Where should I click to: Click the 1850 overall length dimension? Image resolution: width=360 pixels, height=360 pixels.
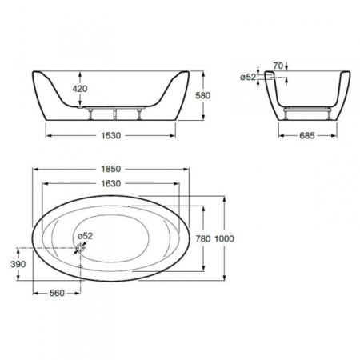click(x=111, y=169)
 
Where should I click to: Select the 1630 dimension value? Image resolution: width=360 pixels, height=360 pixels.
click(x=111, y=184)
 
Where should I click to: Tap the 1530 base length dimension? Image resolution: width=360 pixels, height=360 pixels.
click(x=111, y=136)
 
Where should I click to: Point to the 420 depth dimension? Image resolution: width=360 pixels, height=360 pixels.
click(x=80, y=89)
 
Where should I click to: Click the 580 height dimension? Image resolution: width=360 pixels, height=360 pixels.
click(x=203, y=95)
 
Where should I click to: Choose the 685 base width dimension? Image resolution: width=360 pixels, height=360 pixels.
click(x=307, y=136)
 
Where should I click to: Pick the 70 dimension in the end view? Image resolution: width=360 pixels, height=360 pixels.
click(x=278, y=66)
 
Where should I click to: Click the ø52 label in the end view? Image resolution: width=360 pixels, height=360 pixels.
click(x=248, y=78)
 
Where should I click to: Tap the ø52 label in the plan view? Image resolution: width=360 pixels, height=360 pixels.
click(x=85, y=236)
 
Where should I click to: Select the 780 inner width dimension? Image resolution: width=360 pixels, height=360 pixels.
click(x=203, y=238)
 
